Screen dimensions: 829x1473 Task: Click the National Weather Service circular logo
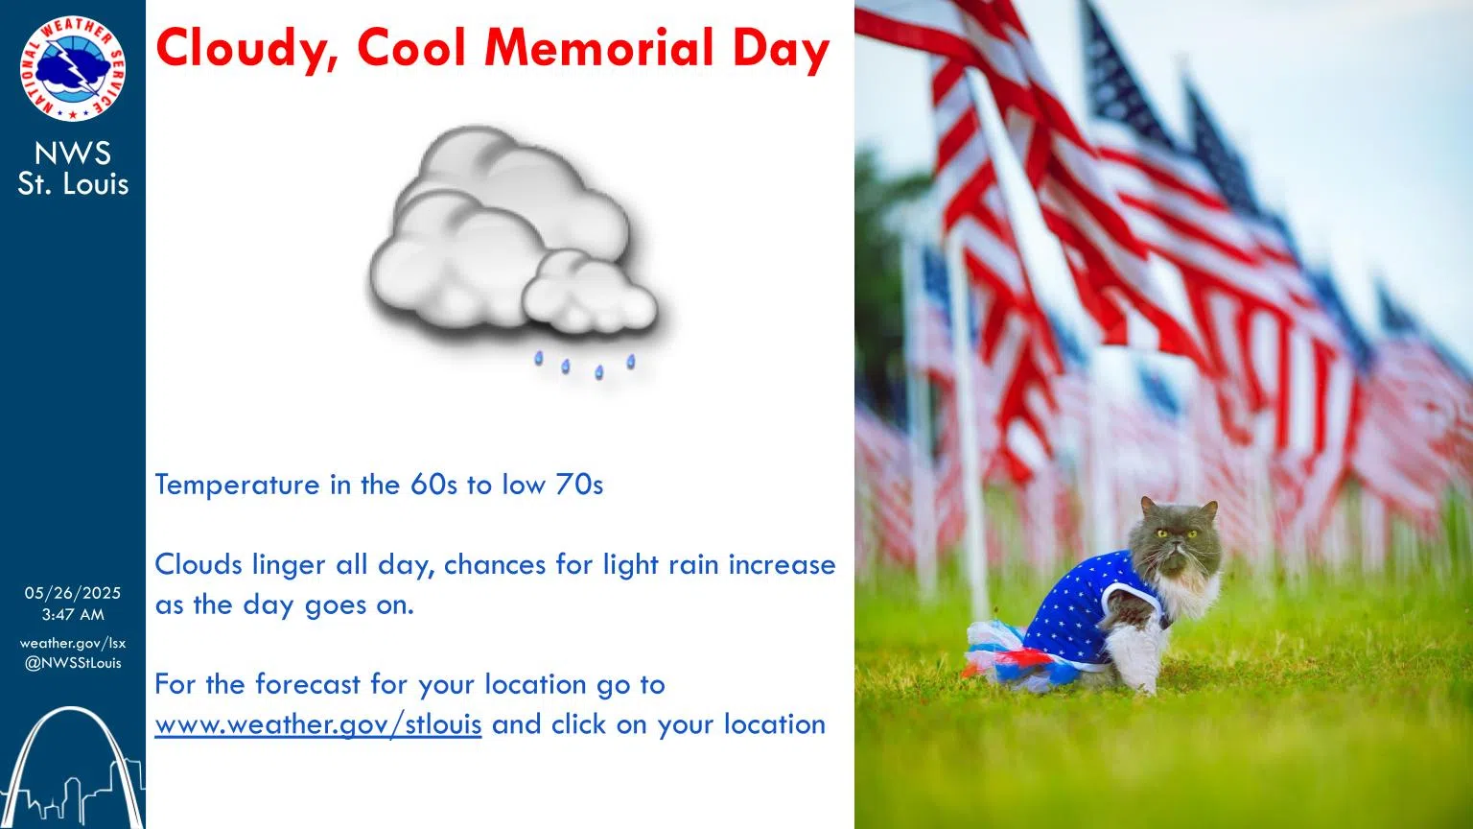click(72, 69)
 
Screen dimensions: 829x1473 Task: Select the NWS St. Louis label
click(73, 168)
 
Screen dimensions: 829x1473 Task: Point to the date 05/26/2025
click(73, 593)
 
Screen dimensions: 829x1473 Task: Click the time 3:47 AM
click(73, 614)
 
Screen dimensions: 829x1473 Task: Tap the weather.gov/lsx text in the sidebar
click(73, 643)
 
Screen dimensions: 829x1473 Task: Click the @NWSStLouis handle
click(73, 663)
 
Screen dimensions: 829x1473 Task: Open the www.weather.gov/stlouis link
click(317, 723)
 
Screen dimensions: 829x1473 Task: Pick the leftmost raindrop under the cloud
click(539, 358)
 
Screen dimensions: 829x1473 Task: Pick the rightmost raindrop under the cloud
click(631, 361)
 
